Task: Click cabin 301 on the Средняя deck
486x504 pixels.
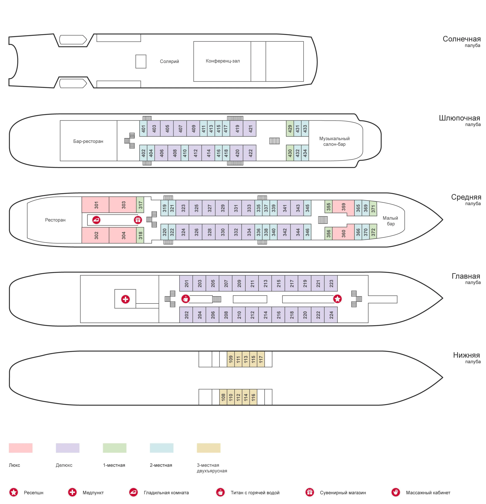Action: point(96,205)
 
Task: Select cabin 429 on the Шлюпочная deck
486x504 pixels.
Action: point(290,128)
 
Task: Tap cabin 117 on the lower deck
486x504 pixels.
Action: point(261,359)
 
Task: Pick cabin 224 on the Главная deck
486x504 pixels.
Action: point(331,314)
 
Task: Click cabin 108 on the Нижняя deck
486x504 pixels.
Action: point(223,397)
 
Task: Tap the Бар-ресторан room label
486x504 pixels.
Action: point(88,141)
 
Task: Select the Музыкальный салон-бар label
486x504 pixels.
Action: point(334,141)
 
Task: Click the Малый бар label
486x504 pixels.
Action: point(390,221)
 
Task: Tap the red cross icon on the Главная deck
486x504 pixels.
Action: point(125,299)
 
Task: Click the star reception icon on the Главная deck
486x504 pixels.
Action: point(337,299)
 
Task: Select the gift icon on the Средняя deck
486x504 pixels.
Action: point(138,220)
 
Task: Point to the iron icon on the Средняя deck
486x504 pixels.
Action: point(96,220)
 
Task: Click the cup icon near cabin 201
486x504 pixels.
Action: point(186,299)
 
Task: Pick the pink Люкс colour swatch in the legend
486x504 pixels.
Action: point(21,448)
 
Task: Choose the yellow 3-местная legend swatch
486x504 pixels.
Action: point(209,448)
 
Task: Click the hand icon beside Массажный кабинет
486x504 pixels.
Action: point(396,492)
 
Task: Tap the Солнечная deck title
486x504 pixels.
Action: point(462,39)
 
